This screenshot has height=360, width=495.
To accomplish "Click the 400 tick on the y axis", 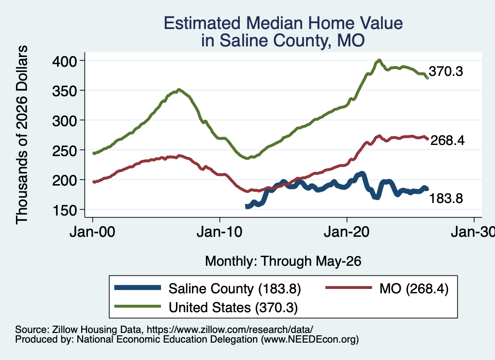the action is [64, 61].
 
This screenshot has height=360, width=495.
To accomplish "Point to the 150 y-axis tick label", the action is [65, 210].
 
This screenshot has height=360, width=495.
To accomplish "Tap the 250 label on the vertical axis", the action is [64, 150].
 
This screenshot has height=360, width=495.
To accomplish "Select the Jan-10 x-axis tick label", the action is [219, 232].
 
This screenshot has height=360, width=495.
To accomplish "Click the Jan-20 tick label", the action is [347, 232].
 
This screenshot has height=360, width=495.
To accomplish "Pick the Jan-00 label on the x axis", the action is [92, 232].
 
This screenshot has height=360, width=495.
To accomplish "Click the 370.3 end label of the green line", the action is [446, 72].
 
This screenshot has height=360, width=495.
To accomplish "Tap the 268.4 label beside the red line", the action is [447, 141].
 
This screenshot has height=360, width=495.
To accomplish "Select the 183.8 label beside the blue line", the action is [446, 199].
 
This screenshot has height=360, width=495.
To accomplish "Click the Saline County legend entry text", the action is [234, 288].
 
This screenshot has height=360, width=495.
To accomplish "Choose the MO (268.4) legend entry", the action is [414, 288].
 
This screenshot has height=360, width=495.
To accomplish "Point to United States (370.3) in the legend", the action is [233, 308].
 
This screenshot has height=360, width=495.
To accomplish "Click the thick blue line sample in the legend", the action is [138, 288].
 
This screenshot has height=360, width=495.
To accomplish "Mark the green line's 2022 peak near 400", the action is [379, 60].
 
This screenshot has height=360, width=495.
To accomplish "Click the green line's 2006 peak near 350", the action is [179, 90].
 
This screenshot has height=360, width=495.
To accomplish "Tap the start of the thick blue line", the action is [247, 207].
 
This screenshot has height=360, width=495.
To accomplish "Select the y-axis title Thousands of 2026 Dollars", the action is [22, 135].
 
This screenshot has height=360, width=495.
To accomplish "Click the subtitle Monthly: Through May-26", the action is [283, 261].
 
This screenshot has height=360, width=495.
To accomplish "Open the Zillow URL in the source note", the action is [230, 330].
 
